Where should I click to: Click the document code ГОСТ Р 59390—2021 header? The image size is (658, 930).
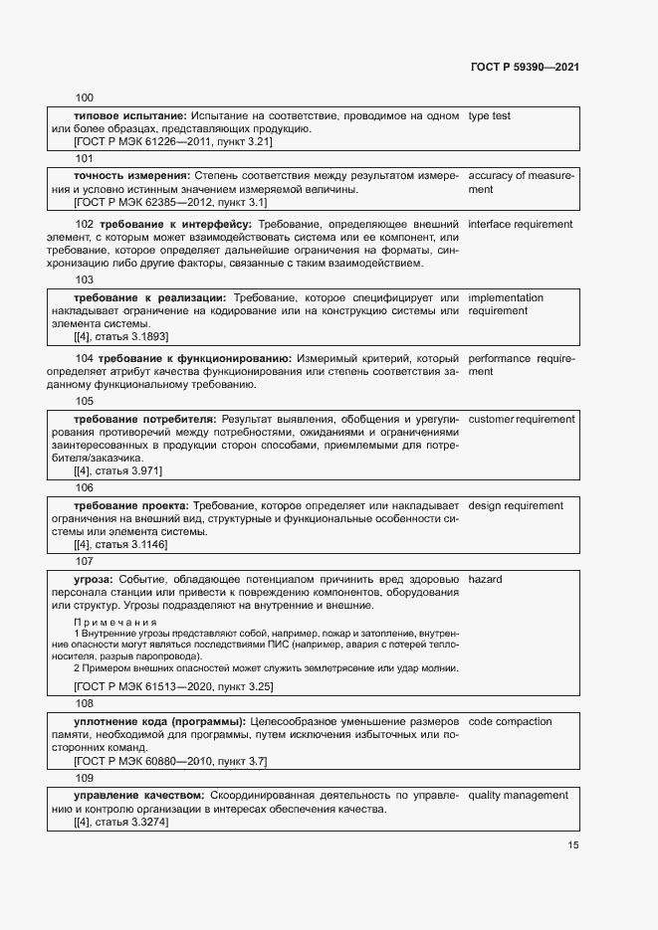pos(524,67)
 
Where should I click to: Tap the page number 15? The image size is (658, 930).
pos(572,845)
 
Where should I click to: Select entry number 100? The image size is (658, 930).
pos(85,98)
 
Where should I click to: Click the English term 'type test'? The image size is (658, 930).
pos(489,116)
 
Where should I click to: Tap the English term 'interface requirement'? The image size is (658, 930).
pos(520,224)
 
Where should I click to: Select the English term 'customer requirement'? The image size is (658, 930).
pos(521,419)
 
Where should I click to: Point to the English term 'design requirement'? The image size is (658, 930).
pos(515,506)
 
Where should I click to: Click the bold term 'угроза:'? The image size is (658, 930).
pos(94,580)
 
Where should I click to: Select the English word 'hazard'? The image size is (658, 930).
pos(485,580)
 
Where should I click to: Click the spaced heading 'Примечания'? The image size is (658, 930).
pos(115,623)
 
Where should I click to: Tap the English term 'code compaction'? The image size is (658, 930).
pos(510,721)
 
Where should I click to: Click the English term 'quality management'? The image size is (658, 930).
pos(518,796)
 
